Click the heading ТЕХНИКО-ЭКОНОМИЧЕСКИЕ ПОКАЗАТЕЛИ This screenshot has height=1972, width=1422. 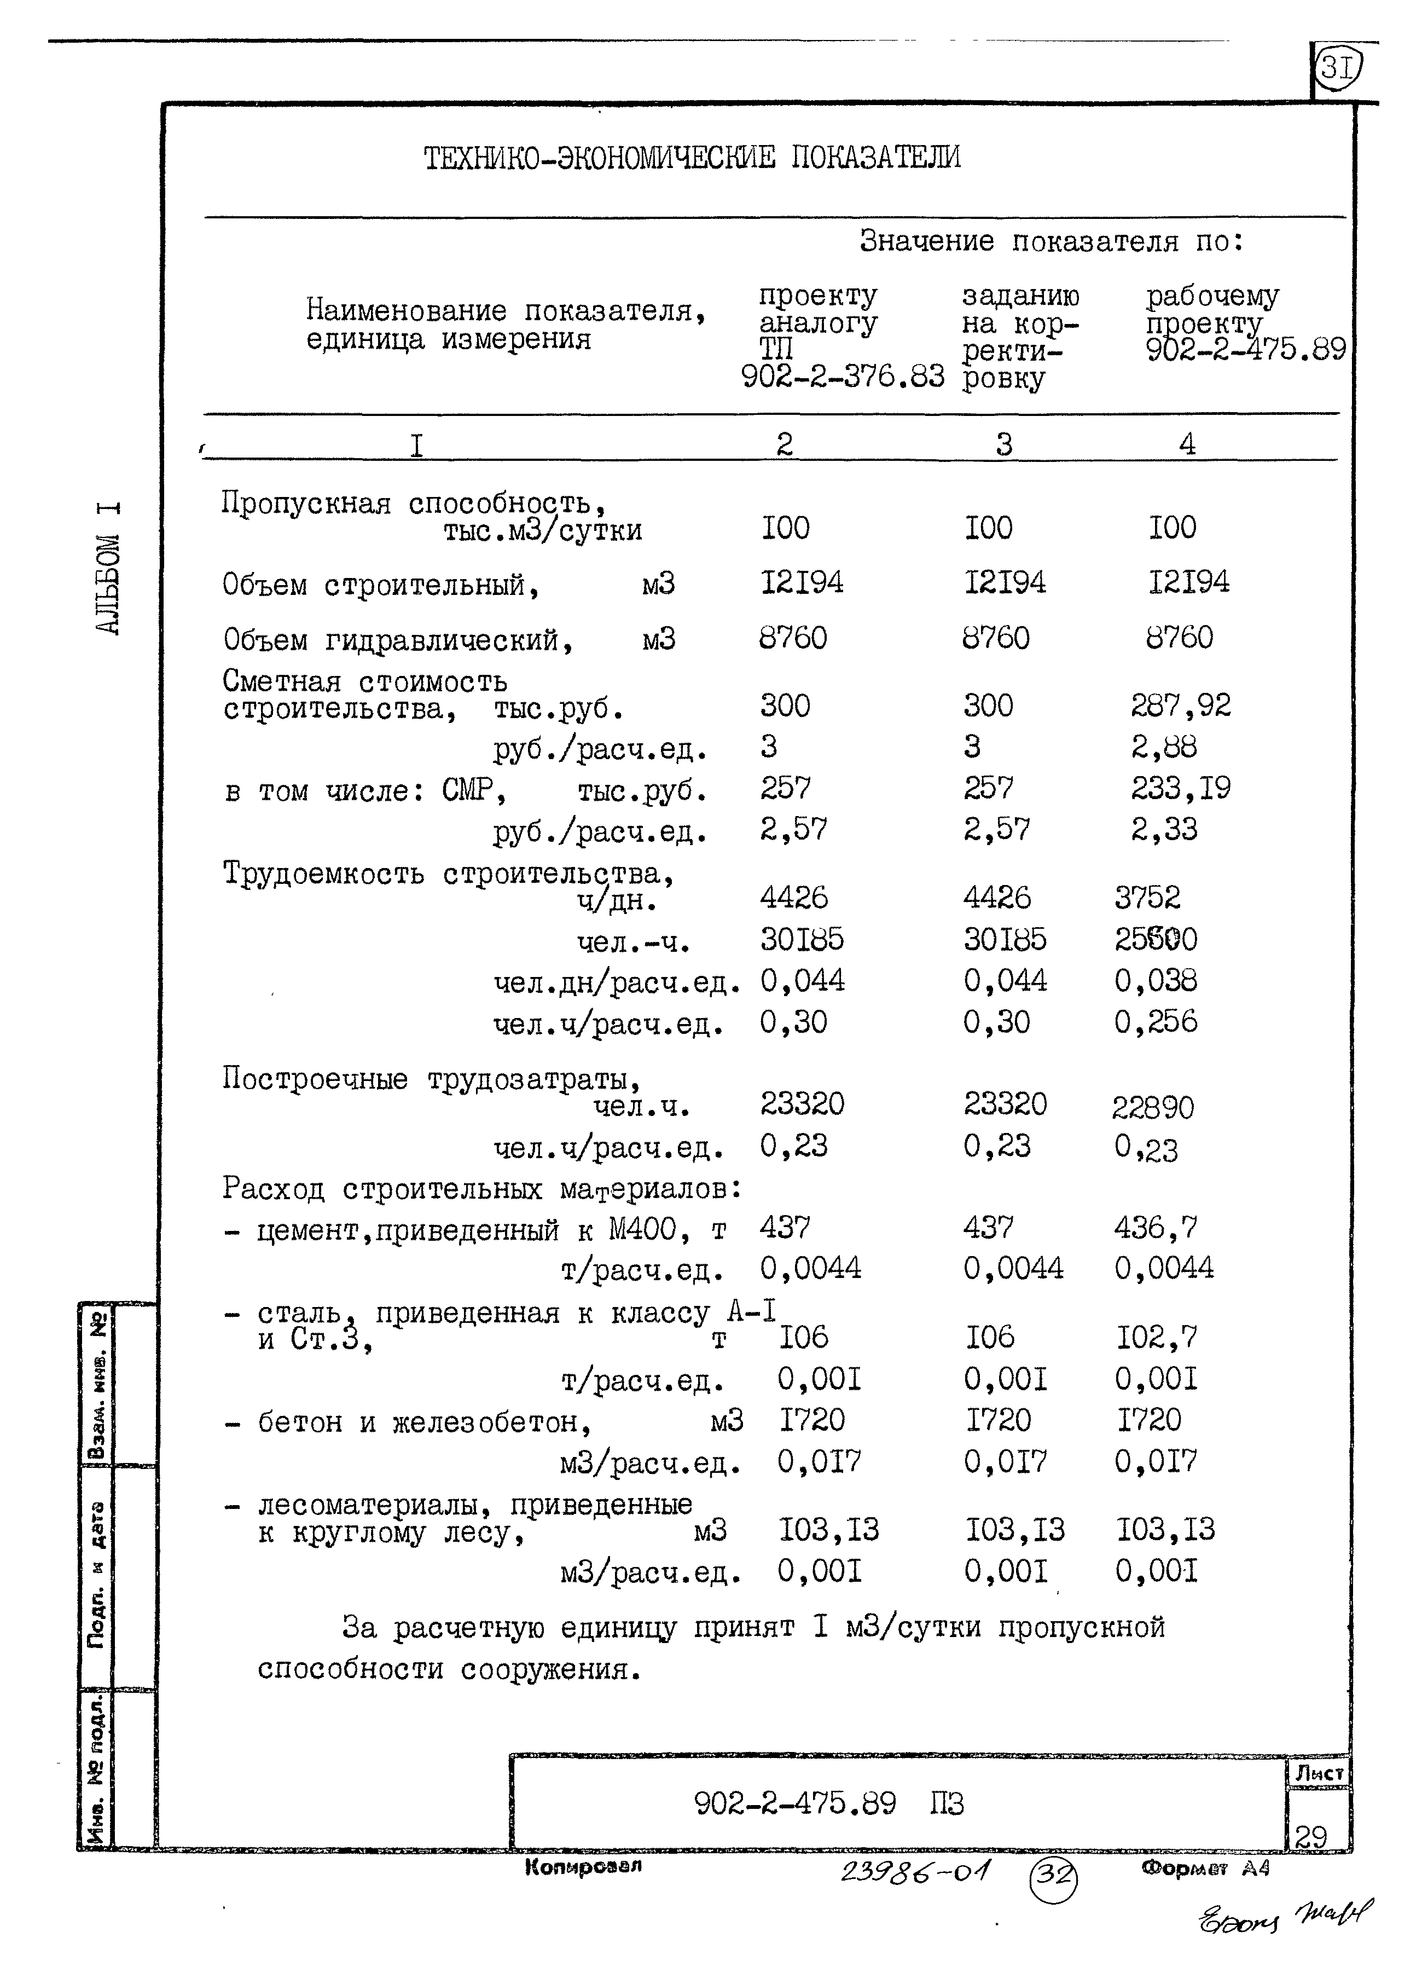692,158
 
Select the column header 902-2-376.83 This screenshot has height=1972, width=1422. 841,377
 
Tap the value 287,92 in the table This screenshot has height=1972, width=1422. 1180,705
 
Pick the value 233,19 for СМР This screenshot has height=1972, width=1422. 1180,789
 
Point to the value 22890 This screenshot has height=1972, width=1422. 1153,1108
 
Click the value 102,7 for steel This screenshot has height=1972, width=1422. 1156,1337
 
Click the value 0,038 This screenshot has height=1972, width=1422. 1155,981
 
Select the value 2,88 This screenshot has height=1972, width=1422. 1163,747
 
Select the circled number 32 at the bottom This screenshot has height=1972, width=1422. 1053,1876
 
